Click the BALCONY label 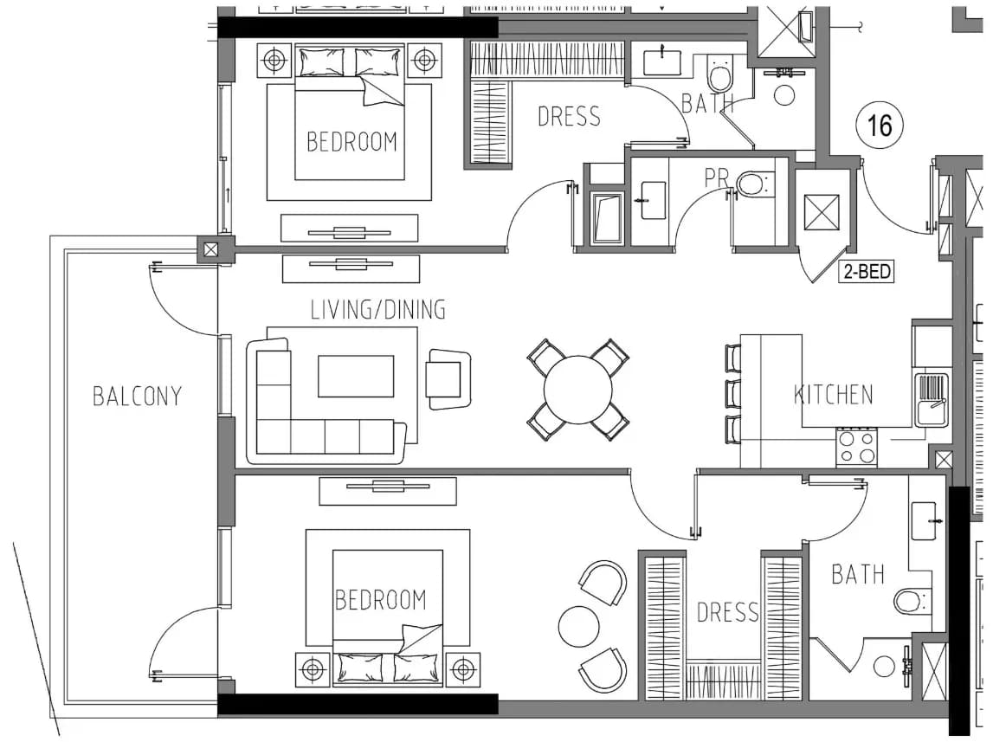[138, 397]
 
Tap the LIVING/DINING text [378, 310]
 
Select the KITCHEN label [834, 395]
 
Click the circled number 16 [880, 126]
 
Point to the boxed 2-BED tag [867, 272]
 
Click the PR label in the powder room [717, 177]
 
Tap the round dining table [578, 390]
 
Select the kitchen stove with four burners [856, 447]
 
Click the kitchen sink [931, 399]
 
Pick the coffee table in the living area [356, 376]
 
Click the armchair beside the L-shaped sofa [448, 379]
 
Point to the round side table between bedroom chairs [578, 627]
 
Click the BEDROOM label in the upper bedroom [351, 141]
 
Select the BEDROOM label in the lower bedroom [381, 599]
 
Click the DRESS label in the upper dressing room [569, 117]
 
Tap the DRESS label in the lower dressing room [727, 612]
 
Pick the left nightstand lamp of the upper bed [274, 61]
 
